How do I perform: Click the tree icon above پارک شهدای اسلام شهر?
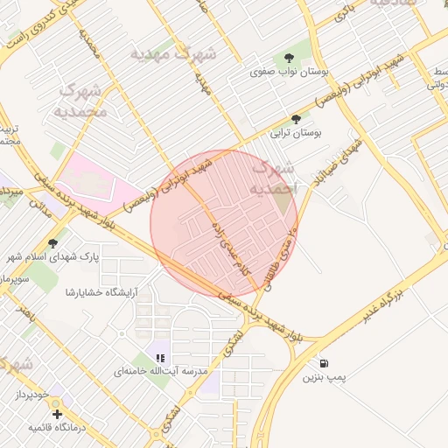[54, 243]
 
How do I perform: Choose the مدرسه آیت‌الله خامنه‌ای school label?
[161, 372]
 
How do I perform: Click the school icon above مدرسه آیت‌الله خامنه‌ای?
[160, 357]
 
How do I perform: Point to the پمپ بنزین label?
[325, 378]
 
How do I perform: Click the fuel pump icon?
[325, 363]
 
